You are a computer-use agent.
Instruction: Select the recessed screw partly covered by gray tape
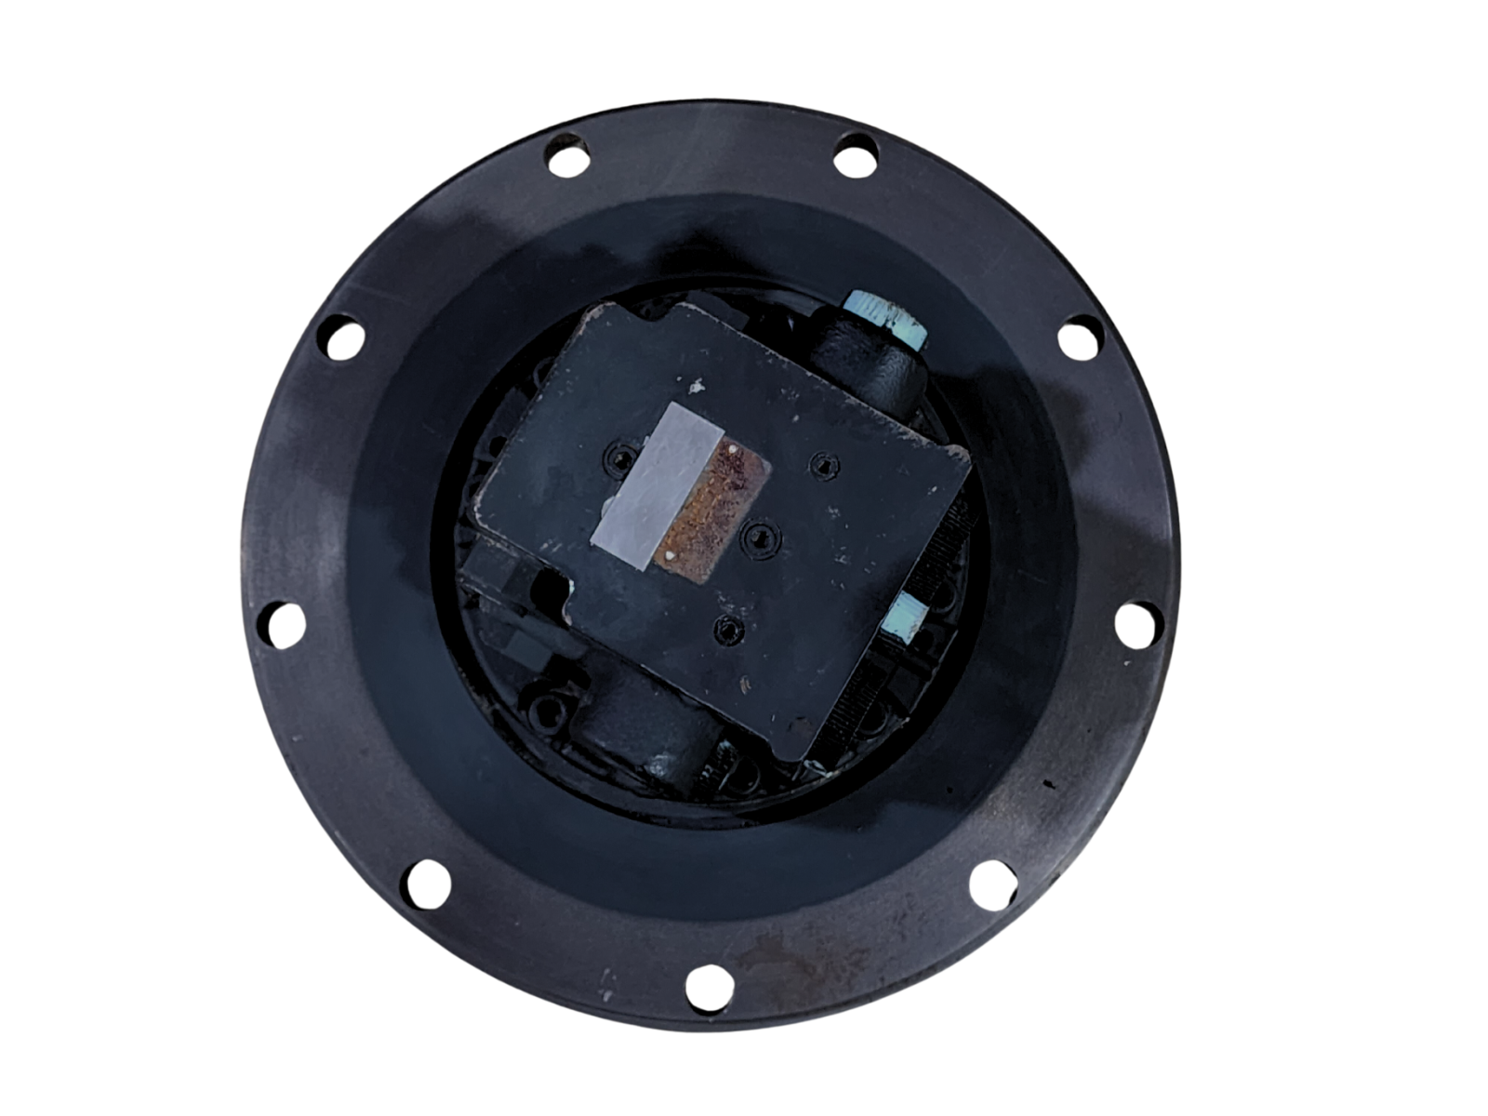point(618,457)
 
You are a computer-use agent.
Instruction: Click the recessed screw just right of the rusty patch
point(761,537)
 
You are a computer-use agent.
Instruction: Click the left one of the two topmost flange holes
point(566,154)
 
